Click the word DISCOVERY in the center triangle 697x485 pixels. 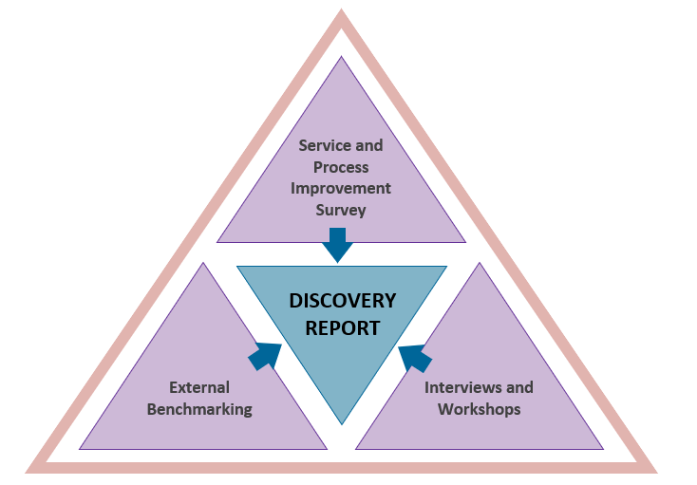[x=342, y=301]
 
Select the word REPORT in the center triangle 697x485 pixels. [x=342, y=328]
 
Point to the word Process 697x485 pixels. [x=341, y=166]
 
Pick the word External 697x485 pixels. [x=199, y=387]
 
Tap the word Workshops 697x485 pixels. [x=480, y=409]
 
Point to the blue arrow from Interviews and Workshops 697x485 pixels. [x=415, y=358]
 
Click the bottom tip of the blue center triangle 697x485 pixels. [x=342, y=422]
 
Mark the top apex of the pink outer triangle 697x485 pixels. [x=341, y=13]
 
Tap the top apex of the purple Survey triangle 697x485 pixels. [x=341, y=58]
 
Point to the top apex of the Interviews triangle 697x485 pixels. [x=480, y=264]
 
